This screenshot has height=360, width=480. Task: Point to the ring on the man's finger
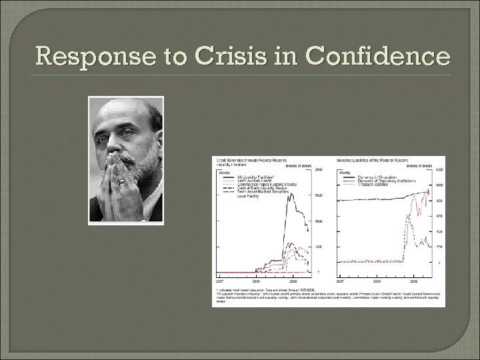(122, 181)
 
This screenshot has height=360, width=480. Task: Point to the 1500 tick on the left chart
(319, 195)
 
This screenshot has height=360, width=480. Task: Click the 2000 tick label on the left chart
(319, 170)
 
